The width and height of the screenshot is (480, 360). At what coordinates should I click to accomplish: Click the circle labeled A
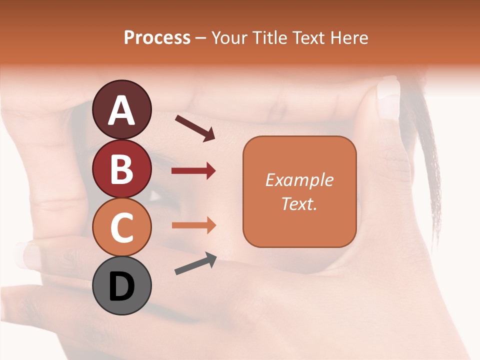pos(121,109)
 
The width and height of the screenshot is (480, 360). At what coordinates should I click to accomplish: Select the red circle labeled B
pos(121,168)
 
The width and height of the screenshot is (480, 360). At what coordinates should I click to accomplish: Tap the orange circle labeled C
pos(121,227)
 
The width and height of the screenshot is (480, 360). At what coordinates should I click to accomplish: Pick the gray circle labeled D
pos(121,285)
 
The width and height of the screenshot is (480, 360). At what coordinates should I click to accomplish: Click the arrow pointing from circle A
pos(195,127)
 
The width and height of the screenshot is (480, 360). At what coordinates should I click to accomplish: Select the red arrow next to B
pos(193,171)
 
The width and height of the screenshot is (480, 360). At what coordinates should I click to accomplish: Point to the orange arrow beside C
pos(193,225)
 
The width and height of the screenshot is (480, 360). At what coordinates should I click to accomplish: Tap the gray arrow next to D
pos(195,264)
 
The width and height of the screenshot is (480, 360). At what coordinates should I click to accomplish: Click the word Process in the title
pos(157,37)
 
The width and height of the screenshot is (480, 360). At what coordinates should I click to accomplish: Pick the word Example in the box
pos(299,180)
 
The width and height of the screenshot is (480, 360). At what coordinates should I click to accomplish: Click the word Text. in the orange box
pos(299,203)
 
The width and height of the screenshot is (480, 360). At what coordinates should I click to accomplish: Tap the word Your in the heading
pos(227,37)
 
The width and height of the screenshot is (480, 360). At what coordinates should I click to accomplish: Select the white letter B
pos(121,169)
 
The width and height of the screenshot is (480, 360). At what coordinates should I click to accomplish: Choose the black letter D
pos(121,286)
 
